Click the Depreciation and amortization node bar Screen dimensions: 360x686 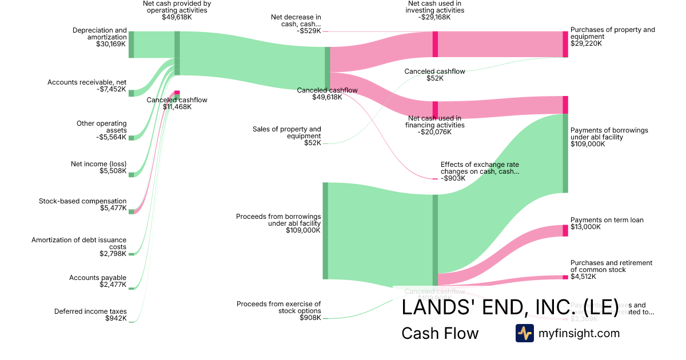(x=131, y=45)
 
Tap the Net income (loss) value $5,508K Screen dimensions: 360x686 (x=113, y=171)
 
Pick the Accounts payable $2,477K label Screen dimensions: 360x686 (x=98, y=281)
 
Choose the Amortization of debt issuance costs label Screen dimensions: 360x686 (x=79, y=243)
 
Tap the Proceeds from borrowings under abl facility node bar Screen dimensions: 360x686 (x=325, y=231)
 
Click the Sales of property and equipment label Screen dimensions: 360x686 (x=287, y=133)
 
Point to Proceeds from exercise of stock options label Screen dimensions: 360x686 (x=278, y=307)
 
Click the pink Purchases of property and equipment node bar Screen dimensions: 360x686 (x=565, y=44)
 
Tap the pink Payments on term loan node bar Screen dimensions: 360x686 (x=565, y=231)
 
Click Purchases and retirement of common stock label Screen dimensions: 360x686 (x=611, y=266)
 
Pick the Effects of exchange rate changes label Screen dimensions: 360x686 (x=480, y=168)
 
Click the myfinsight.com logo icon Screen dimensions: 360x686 (x=524, y=333)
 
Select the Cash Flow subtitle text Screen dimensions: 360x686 (x=440, y=333)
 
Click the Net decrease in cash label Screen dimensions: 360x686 (x=296, y=21)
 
